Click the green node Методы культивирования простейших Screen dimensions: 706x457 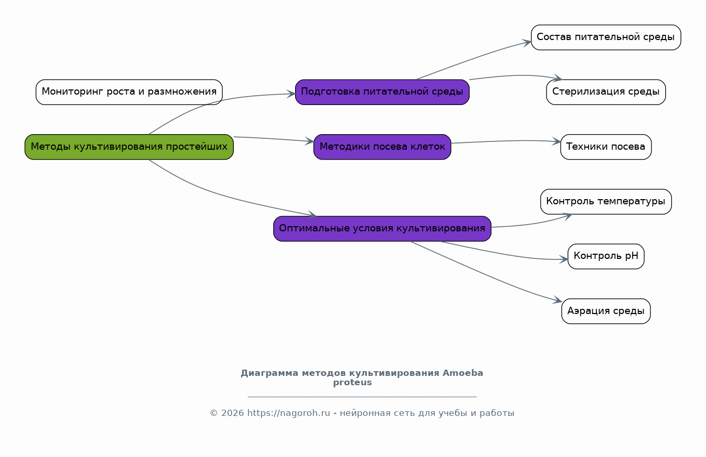click(129, 147)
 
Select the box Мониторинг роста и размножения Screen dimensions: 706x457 click(129, 92)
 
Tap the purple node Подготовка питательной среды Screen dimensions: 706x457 click(382, 92)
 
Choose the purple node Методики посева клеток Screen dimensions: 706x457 click(382, 147)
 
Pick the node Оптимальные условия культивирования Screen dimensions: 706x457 click(382, 229)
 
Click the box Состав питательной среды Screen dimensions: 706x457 click(606, 37)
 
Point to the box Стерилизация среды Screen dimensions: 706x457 click(606, 92)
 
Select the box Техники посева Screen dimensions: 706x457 click(606, 147)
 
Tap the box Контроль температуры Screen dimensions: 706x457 click(606, 202)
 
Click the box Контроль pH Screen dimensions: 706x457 click(606, 256)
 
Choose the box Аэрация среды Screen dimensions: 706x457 click(606, 311)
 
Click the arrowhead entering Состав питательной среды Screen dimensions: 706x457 click(527, 43)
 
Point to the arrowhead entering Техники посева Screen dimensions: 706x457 click(556, 141)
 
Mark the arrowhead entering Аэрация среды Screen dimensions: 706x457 click(557, 300)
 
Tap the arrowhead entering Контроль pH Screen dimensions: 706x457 click(564, 259)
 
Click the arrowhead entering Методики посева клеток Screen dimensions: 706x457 click(310, 141)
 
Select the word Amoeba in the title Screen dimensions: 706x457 click(463, 373)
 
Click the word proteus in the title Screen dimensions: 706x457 click(352, 383)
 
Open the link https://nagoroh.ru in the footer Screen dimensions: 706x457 click(289, 413)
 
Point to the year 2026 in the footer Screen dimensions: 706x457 click(233, 413)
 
